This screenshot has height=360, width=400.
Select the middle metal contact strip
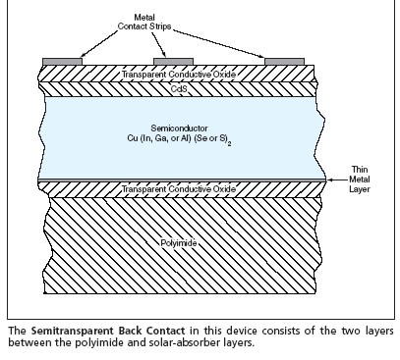(x=173, y=61)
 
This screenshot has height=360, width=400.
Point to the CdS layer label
(x=176, y=88)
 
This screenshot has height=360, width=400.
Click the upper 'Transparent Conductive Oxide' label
(x=176, y=75)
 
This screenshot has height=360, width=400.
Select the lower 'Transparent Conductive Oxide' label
(x=176, y=188)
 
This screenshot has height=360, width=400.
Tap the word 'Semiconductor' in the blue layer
(x=175, y=129)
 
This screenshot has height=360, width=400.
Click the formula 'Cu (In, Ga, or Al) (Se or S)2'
(x=177, y=141)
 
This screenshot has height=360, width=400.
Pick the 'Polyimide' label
(x=176, y=241)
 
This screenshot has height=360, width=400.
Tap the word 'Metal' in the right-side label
(x=365, y=180)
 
